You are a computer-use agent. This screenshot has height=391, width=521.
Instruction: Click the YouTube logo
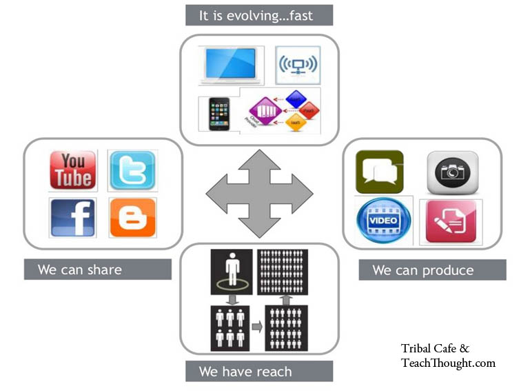pyautogui.click(x=72, y=170)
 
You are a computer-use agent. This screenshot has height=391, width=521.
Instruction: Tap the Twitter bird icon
pyautogui.click(x=132, y=170)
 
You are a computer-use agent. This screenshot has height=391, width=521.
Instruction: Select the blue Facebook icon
pyautogui.click(x=72, y=218)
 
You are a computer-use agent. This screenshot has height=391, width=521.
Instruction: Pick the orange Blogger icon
pyautogui.click(x=132, y=218)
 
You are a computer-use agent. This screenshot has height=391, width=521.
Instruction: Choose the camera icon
pyautogui.click(x=452, y=172)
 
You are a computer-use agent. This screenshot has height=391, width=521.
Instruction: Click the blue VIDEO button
pyautogui.click(x=383, y=221)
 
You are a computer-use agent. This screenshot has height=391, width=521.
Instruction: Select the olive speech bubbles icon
pyautogui.click(x=380, y=172)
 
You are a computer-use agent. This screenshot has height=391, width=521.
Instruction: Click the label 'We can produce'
pyautogui.click(x=422, y=270)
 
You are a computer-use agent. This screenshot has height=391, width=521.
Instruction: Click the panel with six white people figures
pyautogui.click(x=230, y=328)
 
